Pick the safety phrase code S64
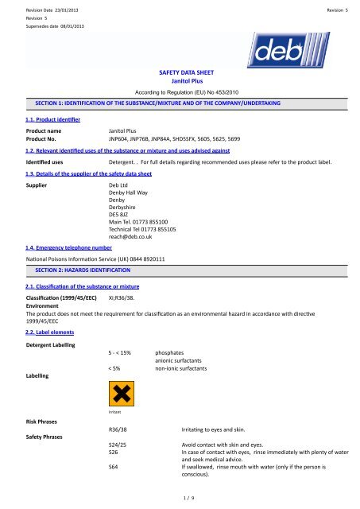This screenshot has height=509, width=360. click(114, 467)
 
